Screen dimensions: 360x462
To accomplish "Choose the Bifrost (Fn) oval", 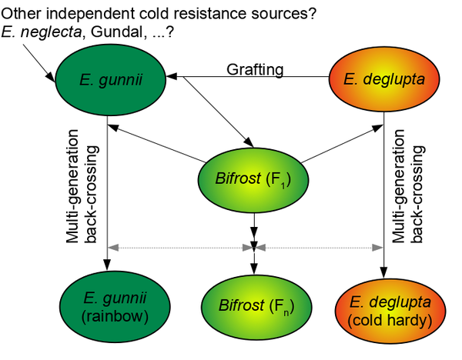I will point(253,307).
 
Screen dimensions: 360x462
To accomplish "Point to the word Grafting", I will point(255,70).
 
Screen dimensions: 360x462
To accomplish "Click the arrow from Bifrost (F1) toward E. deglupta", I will point(339,145).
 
